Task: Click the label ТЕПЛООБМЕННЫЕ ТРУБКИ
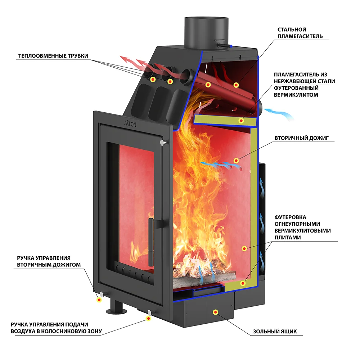coord(53,56)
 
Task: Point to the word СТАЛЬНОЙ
coord(292,29)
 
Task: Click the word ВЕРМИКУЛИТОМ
coord(296,95)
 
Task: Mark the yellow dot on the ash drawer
coord(215,312)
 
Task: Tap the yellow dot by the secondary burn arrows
coord(236,161)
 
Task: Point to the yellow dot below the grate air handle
coord(148,318)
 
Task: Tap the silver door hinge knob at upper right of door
coord(164,142)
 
